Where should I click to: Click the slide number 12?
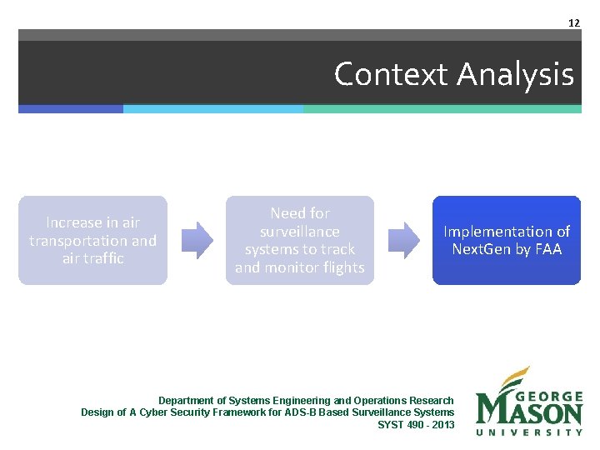(573, 22)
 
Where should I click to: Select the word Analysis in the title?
(515, 74)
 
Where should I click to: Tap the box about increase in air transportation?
(92, 240)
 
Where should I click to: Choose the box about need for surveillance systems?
(299, 240)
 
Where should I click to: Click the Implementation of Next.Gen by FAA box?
(506, 240)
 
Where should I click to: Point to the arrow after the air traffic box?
(197, 240)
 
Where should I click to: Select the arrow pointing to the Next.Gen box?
(404, 240)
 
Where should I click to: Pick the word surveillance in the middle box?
(299, 232)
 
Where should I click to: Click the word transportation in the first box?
(78, 241)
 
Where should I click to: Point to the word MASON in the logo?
(529, 412)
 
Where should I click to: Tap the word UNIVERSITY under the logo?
(529, 432)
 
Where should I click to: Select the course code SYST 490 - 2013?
(416, 424)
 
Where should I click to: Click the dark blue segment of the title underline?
(71, 109)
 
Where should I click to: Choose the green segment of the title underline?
(442, 109)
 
